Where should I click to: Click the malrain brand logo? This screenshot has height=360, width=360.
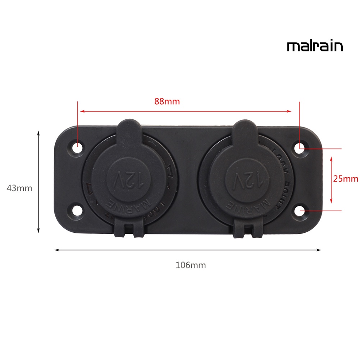click(315, 46)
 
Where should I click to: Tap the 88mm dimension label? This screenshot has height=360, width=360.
click(167, 101)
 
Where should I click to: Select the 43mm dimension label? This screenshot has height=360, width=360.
click(19, 188)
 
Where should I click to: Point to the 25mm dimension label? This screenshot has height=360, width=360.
click(346, 179)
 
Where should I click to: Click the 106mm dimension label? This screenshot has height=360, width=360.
click(191, 265)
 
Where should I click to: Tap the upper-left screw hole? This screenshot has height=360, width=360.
click(77, 147)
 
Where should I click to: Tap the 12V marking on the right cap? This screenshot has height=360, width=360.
click(247, 179)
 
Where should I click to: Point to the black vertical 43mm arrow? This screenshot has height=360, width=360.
click(38, 182)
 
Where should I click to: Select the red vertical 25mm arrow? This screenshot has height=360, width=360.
click(331, 179)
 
